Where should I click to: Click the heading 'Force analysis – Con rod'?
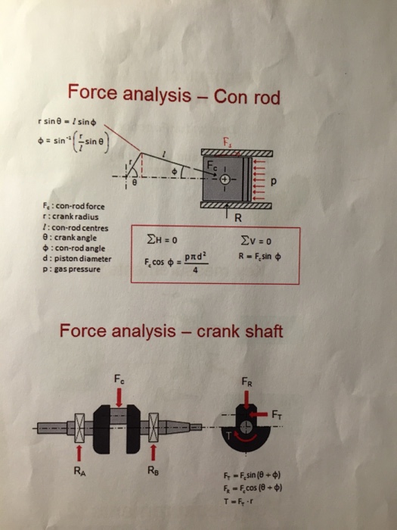click(x=174, y=96)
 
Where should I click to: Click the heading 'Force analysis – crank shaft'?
click(x=172, y=332)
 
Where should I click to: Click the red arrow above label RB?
click(x=153, y=453)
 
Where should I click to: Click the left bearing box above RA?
click(x=78, y=428)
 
